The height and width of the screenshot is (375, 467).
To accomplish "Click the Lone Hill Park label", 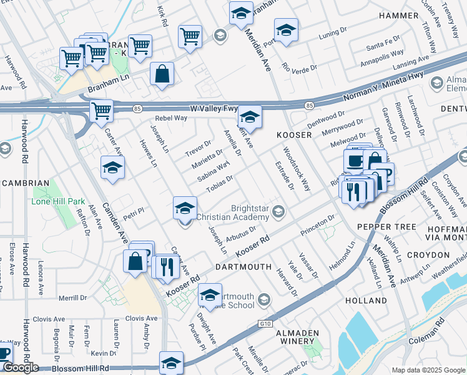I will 57,202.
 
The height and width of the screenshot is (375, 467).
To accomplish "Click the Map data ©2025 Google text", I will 428,370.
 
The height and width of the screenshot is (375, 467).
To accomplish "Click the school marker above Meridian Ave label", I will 240,14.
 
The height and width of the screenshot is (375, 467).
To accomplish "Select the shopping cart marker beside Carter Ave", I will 101,112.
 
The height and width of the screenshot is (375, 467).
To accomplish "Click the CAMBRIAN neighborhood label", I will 25,182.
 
